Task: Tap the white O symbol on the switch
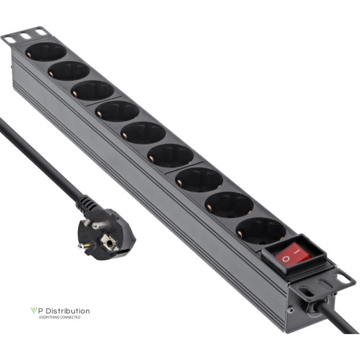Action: point(286,258)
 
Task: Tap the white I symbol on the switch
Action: point(299,251)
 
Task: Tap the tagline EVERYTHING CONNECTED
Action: point(59,318)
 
